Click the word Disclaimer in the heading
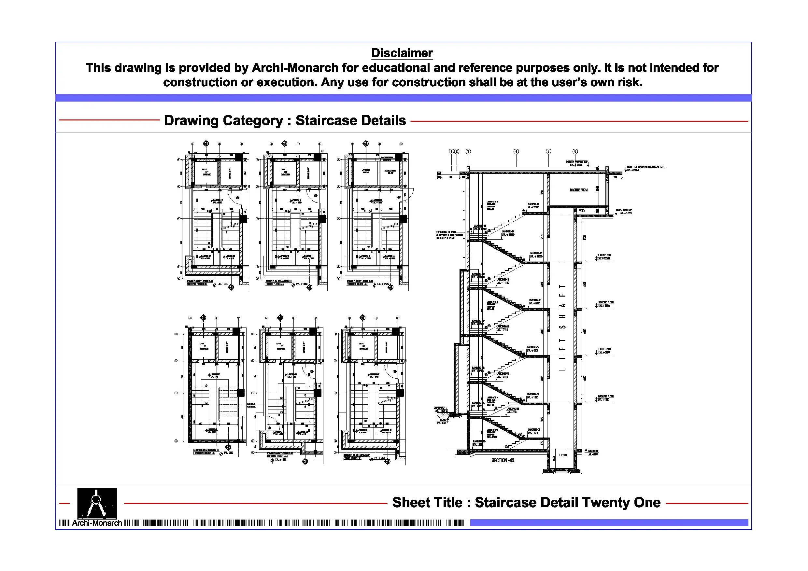point(402,53)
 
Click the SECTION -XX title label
point(503,461)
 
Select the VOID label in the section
point(582,211)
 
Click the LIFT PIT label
point(563,455)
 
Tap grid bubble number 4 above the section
point(516,152)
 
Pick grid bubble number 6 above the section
point(575,152)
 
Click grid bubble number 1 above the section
point(451,152)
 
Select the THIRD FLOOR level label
point(604,255)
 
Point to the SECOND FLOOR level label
point(606,302)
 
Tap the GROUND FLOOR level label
point(606,397)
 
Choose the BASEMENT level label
point(593,451)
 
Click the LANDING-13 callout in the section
point(536,253)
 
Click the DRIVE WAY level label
point(439,408)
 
